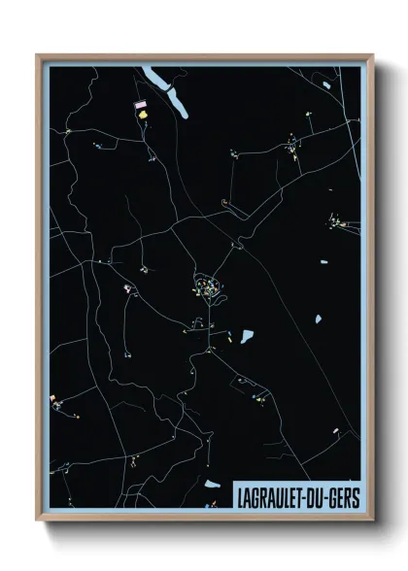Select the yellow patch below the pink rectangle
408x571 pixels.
(x=144, y=114)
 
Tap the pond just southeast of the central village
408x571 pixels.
(x=247, y=336)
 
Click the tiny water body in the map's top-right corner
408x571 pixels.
(x=330, y=87)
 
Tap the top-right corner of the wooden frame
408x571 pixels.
(x=372, y=55)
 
